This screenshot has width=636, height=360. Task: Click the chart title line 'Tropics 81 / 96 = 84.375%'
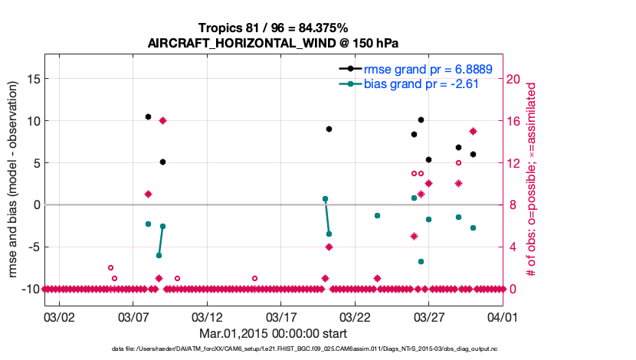(273, 28)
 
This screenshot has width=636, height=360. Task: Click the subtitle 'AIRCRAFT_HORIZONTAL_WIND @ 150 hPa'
(273, 43)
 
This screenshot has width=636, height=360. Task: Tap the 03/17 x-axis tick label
(280, 316)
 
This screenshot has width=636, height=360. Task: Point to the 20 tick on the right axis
(515, 79)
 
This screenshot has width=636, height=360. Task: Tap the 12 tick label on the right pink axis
(515, 163)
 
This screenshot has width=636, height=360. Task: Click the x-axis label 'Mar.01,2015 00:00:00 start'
(273, 333)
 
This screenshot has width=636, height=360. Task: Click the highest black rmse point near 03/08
(148, 116)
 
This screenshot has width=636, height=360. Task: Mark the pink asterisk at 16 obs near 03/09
(162, 121)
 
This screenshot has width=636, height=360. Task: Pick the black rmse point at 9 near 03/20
(329, 129)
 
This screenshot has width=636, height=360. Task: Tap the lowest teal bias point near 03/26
(421, 261)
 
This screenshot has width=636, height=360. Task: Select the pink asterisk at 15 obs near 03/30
(474, 132)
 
